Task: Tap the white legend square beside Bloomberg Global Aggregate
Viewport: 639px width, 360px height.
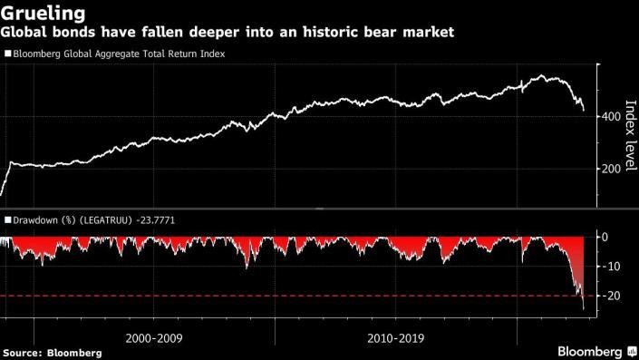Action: (7, 54)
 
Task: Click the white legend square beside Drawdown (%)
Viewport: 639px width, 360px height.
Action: (7, 220)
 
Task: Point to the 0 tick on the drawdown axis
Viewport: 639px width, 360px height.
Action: (605, 237)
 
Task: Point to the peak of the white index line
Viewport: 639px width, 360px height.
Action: (542, 76)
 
